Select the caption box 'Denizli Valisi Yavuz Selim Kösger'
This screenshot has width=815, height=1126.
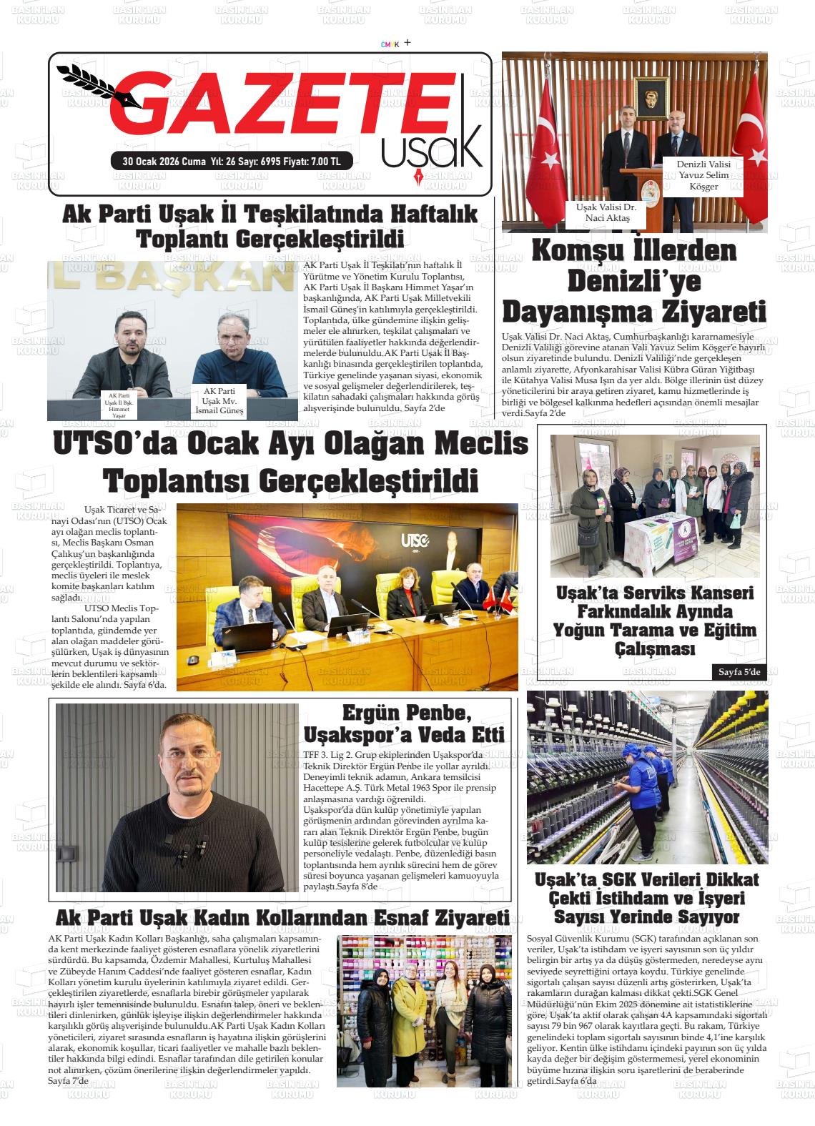tap(703, 175)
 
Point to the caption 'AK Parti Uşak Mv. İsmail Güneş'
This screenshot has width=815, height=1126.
tap(223, 401)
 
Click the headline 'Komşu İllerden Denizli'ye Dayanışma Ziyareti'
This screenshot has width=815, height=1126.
tap(634, 282)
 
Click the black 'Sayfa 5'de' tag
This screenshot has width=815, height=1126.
tap(739, 672)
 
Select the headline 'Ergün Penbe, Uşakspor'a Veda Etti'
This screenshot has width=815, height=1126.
tap(405, 723)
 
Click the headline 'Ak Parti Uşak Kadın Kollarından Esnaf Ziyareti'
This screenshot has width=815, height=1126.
tap(282, 918)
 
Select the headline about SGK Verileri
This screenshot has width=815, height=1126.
tap(647, 898)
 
